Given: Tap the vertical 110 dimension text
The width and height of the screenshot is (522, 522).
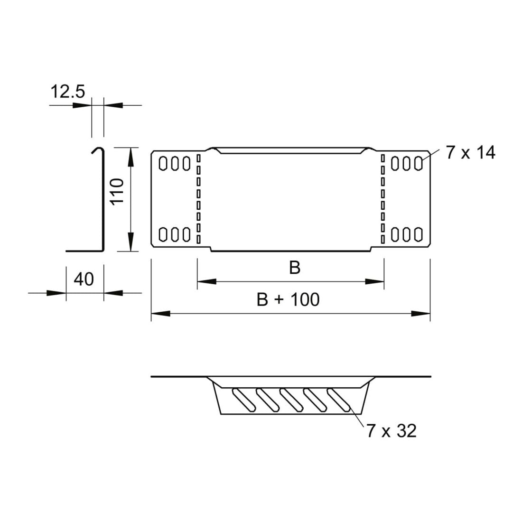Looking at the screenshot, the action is (117, 192).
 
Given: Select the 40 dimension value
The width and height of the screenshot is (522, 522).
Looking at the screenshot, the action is (84, 279).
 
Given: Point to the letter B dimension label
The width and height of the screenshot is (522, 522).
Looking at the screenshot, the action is (295, 268).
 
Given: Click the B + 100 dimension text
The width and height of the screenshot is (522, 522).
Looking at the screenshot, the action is (288, 299).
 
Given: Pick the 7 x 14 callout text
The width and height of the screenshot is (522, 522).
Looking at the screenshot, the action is (470, 152).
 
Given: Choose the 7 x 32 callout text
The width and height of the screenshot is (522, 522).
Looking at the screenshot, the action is (391, 431).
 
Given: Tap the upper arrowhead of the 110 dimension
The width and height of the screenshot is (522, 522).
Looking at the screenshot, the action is (131, 157).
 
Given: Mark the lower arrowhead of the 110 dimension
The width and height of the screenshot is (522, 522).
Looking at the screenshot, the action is (131, 242).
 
